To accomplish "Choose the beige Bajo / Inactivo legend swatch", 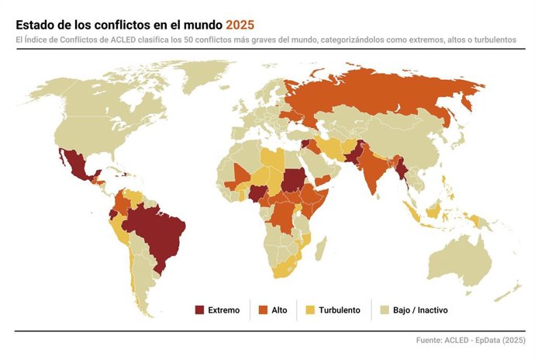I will (383, 310).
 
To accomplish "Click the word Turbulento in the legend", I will (340, 310).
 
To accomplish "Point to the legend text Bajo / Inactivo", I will (419, 310).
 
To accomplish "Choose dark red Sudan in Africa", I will (293, 178).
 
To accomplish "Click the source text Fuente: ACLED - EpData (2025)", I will (470, 341).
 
